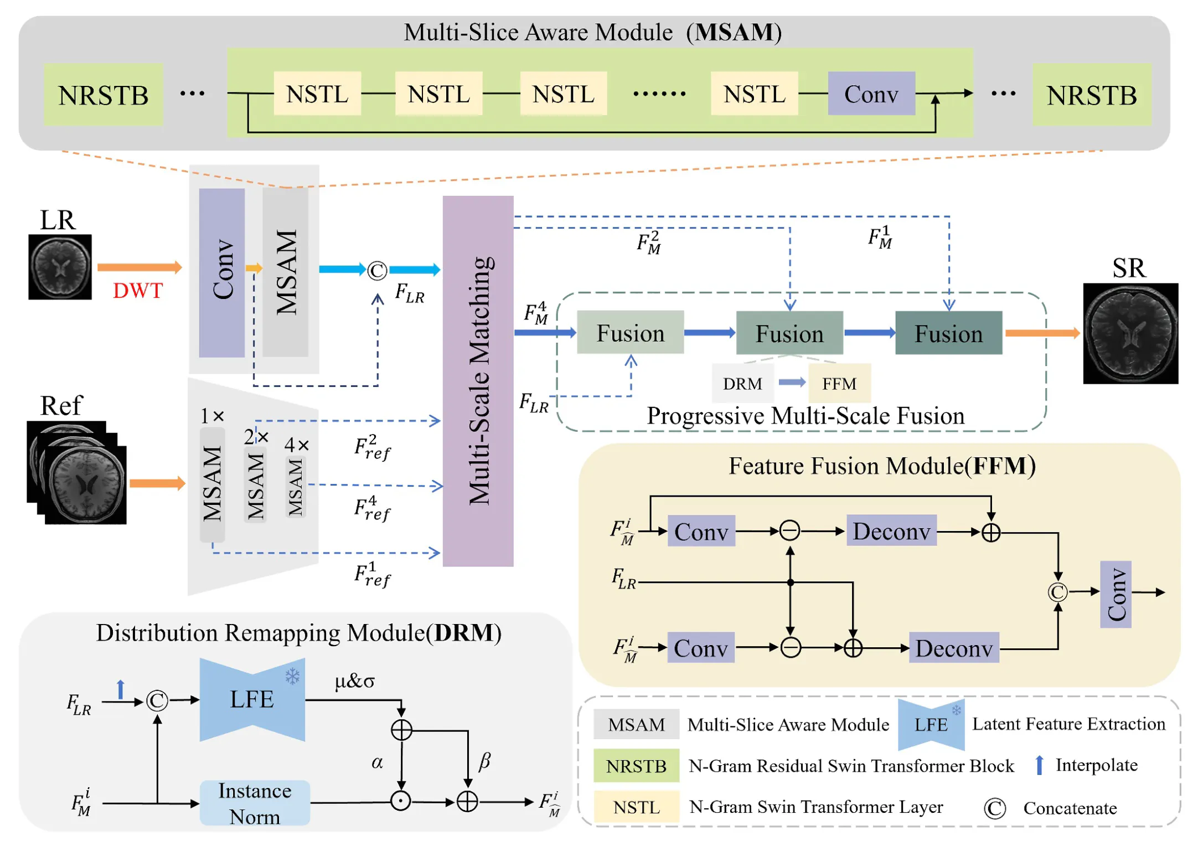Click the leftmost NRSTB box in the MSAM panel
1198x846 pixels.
103,95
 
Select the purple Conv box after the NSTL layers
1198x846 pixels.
871,94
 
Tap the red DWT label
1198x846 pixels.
137,290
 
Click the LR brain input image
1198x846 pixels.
60,267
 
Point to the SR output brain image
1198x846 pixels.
1130,333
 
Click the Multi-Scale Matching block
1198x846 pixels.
478,381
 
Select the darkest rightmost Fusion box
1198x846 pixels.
948,333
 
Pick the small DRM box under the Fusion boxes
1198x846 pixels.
742,383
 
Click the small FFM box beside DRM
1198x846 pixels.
839,383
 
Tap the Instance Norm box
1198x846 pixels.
255,803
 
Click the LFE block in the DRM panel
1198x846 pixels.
252,699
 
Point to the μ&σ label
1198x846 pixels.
354,681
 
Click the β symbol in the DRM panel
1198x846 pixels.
484,761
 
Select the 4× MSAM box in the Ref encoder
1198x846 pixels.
296,486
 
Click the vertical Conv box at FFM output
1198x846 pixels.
1115,594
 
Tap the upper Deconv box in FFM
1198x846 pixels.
891,531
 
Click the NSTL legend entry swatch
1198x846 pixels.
636,807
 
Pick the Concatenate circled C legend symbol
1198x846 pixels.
994,808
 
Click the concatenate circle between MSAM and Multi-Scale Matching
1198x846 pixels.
377,271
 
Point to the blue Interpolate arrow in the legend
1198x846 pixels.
1039,765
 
